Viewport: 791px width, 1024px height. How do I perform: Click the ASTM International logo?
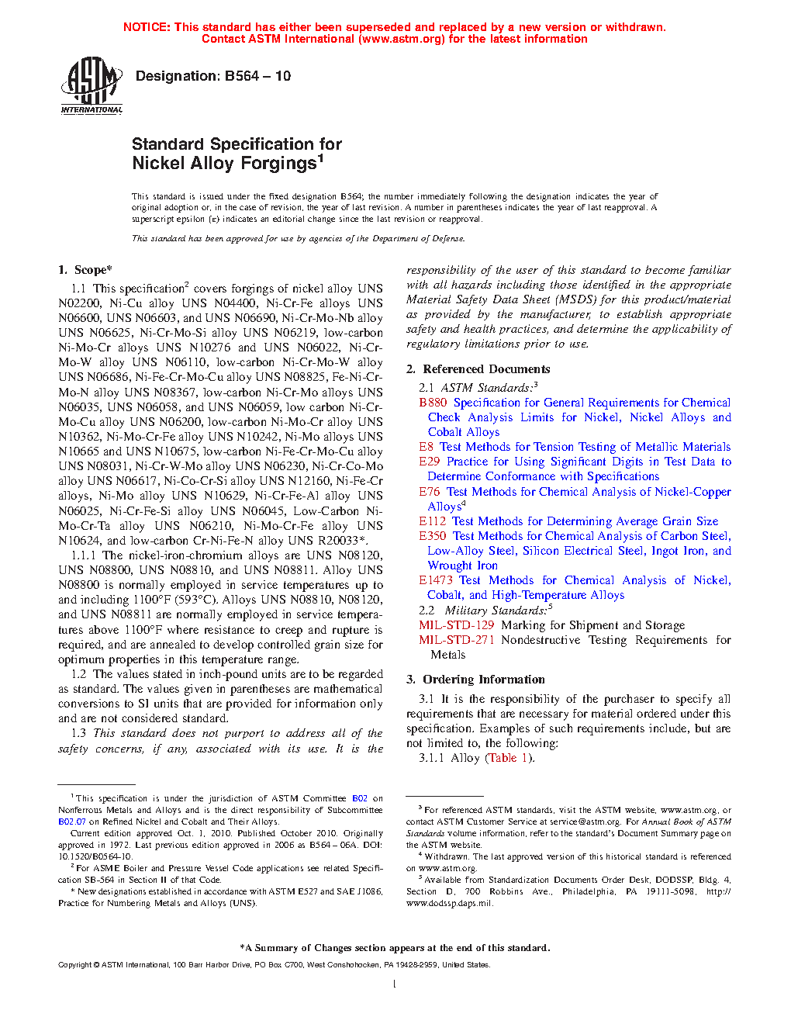pos(92,87)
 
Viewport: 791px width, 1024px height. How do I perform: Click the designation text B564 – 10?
pos(213,76)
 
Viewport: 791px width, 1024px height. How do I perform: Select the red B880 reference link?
pos(433,403)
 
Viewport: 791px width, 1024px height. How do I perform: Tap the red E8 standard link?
pos(426,447)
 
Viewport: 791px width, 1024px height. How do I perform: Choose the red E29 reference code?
pos(429,462)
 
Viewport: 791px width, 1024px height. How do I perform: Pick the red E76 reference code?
pos(429,492)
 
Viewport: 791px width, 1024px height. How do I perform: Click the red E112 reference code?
pos(432,521)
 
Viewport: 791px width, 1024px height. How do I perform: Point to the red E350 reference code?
pos(432,536)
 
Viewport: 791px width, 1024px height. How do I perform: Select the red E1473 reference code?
pos(435,580)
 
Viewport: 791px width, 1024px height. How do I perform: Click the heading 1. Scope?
pos(85,270)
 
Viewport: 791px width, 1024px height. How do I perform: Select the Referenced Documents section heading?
pos(485,369)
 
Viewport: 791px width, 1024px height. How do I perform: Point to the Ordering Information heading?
pos(483,680)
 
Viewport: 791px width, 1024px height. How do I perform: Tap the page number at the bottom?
pos(395,984)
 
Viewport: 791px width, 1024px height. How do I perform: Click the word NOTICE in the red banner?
pos(147,27)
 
